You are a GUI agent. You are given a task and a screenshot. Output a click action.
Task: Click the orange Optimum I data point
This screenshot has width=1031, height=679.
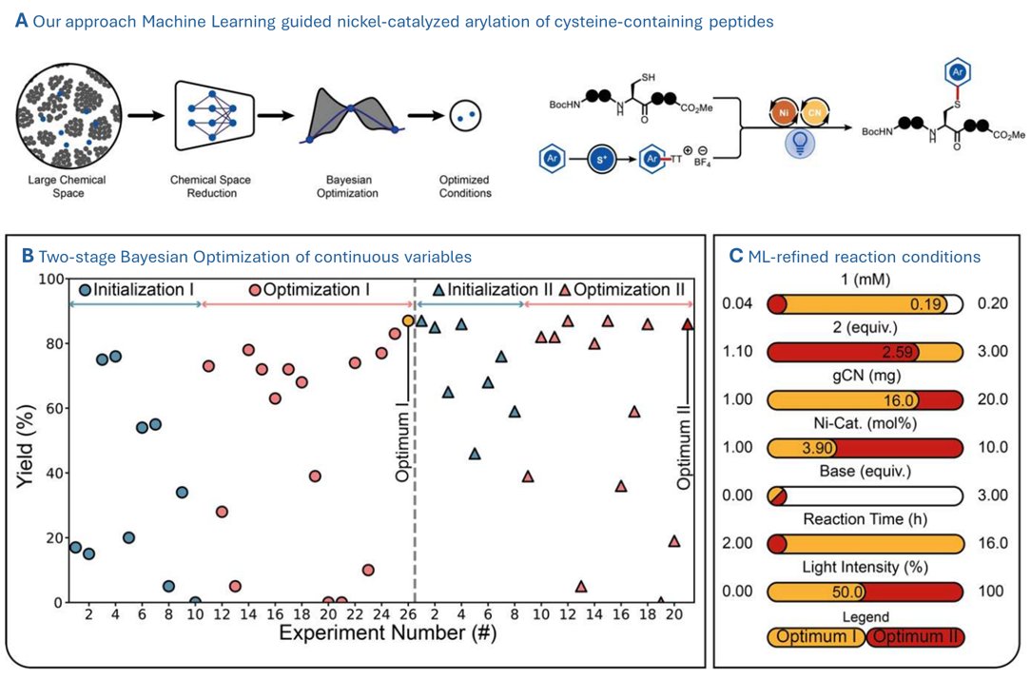pos(408,321)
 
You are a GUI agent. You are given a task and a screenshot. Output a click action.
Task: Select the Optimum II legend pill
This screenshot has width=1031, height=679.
pos(914,636)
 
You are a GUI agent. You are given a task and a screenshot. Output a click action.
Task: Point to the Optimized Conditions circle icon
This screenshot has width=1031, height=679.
pos(465,119)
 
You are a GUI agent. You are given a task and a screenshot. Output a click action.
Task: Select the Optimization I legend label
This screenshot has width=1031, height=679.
pos(318,290)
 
